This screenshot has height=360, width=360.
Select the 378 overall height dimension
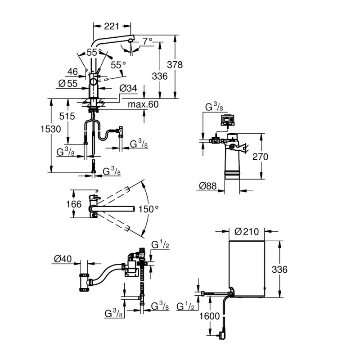175,64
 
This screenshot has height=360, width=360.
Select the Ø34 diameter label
128,89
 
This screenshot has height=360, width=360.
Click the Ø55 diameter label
68,83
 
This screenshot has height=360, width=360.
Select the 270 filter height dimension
260,157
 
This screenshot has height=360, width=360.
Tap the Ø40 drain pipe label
64,258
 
